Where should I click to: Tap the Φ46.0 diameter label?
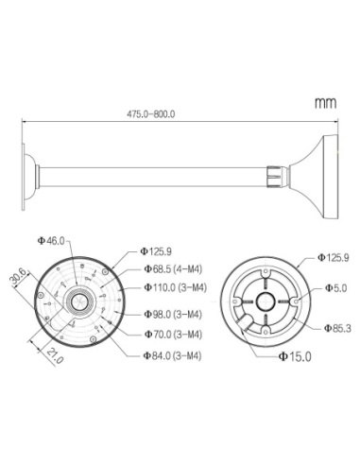(51, 241)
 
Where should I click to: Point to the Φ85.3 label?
(336, 329)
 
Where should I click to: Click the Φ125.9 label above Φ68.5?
(157, 251)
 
